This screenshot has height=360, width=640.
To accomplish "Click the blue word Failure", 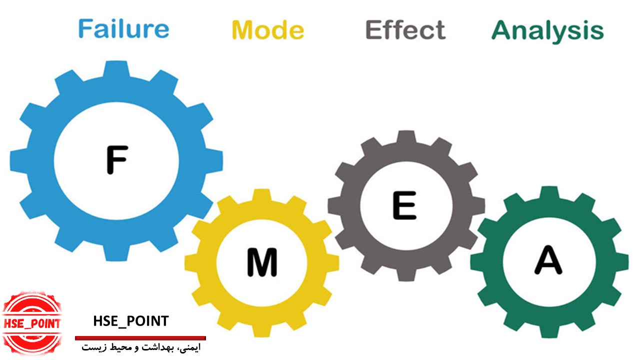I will [x=123, y=29].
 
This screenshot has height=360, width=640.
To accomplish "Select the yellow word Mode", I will [x=267, y=30].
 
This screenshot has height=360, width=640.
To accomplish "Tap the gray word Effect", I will [x=405, y=30].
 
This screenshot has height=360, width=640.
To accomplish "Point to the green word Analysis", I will [x=547, y=31].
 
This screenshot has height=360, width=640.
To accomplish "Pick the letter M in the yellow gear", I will [x=262, y=263].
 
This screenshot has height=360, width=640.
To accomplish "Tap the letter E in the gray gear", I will [x=404, y=205].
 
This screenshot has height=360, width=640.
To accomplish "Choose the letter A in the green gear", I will [x=548, y=260].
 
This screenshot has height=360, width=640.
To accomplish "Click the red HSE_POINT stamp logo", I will [x=31, y=322].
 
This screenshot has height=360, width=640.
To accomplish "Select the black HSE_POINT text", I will [x=131, y=321].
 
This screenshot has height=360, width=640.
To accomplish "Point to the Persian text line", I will [x=141, y=347].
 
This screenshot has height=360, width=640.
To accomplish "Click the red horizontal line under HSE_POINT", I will [x=140, y=338].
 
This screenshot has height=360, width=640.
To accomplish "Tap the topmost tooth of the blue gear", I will [x=116, y=69].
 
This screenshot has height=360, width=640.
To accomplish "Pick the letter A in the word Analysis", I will [x=503, y=31].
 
